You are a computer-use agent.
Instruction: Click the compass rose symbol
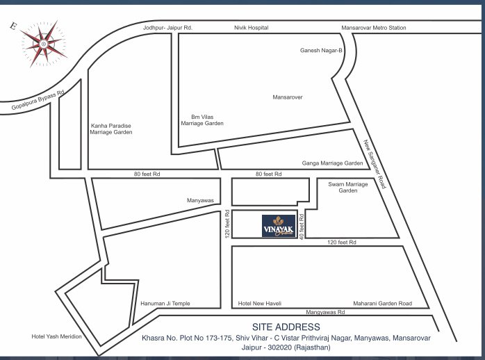click(44, 44)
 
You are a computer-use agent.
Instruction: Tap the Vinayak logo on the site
click(279, 226)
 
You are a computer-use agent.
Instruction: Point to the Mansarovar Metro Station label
click(374, 28)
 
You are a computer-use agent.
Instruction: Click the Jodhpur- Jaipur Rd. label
click(167, 28)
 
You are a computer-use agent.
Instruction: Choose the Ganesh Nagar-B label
click(321, 51)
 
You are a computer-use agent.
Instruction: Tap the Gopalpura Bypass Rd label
click(38, 101)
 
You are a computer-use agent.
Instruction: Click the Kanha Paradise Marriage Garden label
click(111, 129)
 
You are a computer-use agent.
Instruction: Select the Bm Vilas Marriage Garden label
click(202, 120)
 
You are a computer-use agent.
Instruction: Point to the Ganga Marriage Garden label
click(332, 163)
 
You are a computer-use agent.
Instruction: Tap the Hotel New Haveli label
click(258, 304)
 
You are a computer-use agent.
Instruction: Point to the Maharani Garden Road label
click(382, 304)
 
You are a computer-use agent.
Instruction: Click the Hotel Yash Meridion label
click(57, 336)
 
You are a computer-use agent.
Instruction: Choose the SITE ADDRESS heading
click(287, 327)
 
